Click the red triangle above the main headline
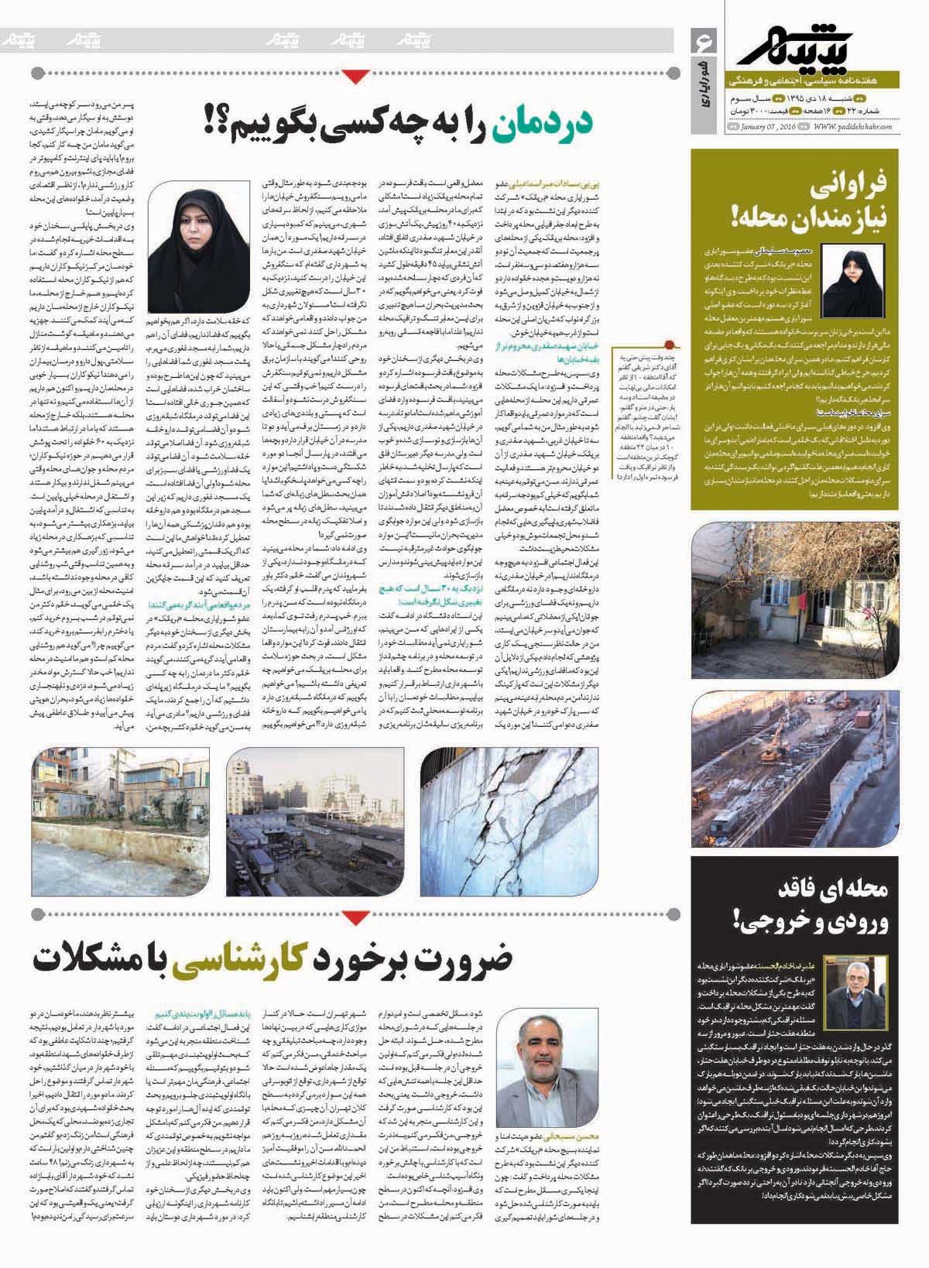(x=356, y=75)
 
